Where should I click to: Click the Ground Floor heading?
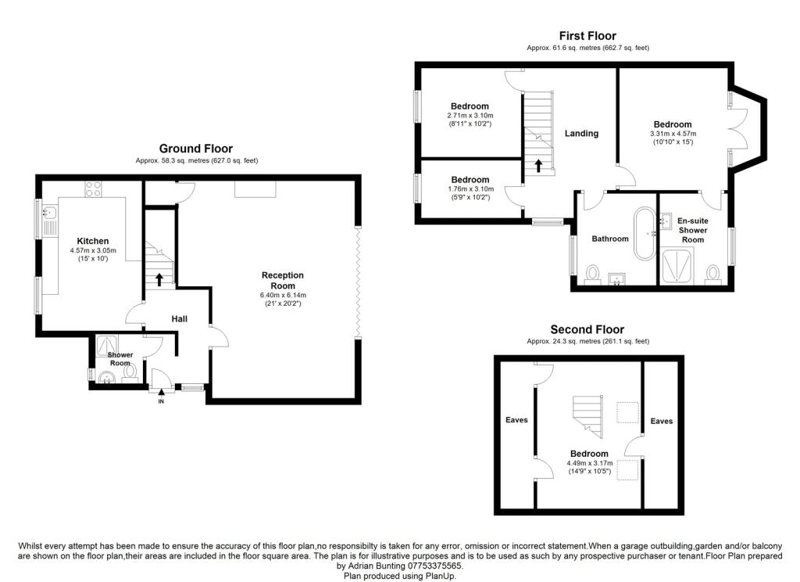[x=196, y=149]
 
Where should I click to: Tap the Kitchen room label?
[x=93, y=241]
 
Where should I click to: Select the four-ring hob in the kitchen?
[x=93, y=189]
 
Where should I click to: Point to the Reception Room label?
[x=283, y=281]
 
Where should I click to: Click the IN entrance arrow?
[x=161, y=393]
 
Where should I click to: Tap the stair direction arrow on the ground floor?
[x=159, y=279]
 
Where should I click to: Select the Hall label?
[x=179, y=319]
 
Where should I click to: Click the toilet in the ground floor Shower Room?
[x=130, y=371]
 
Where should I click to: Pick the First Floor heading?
[x=587, y=36]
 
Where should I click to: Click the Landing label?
[x=581, y=133]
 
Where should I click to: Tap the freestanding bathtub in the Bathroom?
[x=645, y=234]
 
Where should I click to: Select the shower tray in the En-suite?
[x=677, y=265]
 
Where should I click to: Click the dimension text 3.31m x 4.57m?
[x=673, y=134]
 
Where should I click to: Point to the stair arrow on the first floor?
[x=538, y=165]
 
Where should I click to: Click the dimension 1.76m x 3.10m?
[x=470, y=189]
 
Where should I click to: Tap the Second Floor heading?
[x=587, y=329]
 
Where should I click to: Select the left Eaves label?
[x=516, y=419]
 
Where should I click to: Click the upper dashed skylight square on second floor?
[x=627, y=413]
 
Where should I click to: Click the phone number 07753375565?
[x=434, y=566]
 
